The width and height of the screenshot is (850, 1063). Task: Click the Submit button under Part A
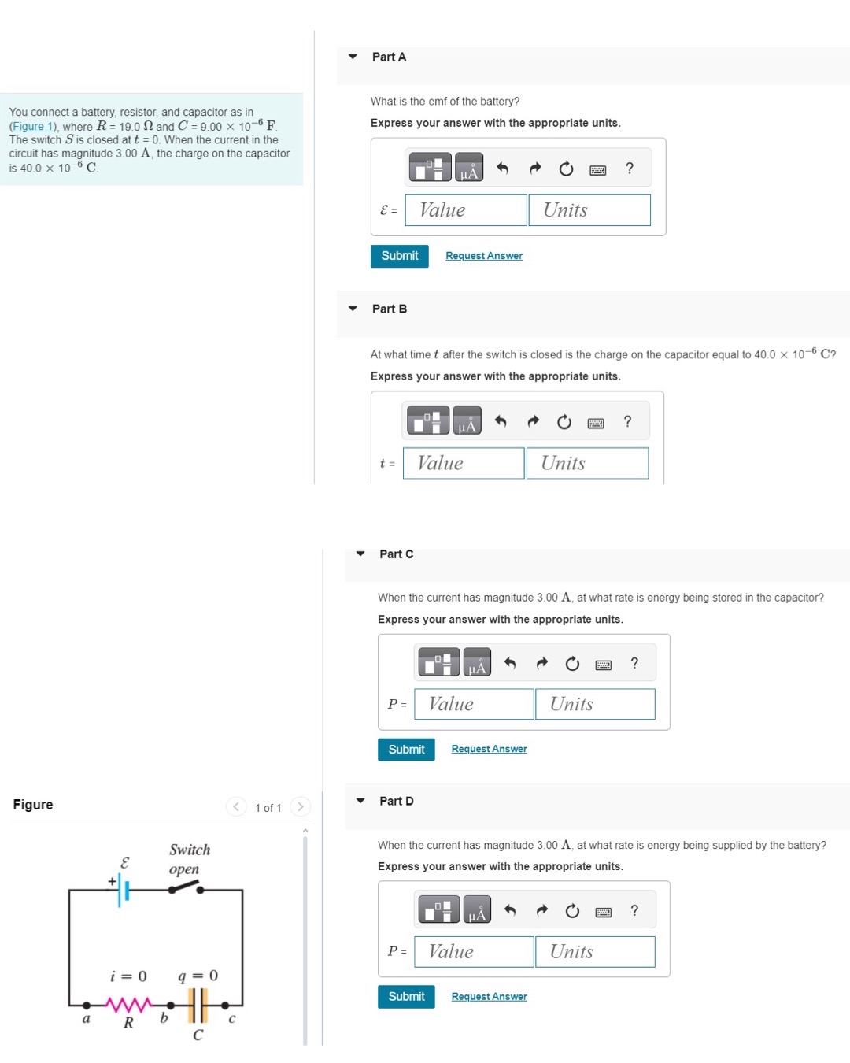click(399, 256)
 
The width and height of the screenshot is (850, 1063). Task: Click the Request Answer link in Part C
click(489, 749)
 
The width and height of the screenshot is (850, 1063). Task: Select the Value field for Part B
click(464, 463)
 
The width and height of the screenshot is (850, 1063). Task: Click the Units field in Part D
click(595, 951)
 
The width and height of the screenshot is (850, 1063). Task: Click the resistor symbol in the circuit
click(128, 1005)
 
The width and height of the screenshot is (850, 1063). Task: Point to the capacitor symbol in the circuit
click(198, 1005)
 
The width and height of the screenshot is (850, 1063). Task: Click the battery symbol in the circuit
click(123, 890)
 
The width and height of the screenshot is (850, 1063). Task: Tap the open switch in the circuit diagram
click(186, 887)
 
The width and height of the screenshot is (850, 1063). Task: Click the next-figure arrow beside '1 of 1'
click(300, 806)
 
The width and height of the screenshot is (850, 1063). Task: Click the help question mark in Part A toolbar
click(630, 169)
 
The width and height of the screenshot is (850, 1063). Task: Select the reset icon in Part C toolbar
click(572, 664)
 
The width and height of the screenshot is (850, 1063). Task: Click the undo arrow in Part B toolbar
click(501, 421)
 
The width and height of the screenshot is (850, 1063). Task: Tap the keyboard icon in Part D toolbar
click(604, 912)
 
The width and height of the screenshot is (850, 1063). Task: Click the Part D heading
click(396, 801)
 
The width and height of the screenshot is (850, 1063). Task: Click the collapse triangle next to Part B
click(353, 309)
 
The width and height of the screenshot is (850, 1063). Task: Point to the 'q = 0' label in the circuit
click(198, 976)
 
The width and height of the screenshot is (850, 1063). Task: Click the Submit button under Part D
click(406, 996)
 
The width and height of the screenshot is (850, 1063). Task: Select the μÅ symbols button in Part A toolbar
click(469, 168)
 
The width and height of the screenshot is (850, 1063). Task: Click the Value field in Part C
click(474, 704)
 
